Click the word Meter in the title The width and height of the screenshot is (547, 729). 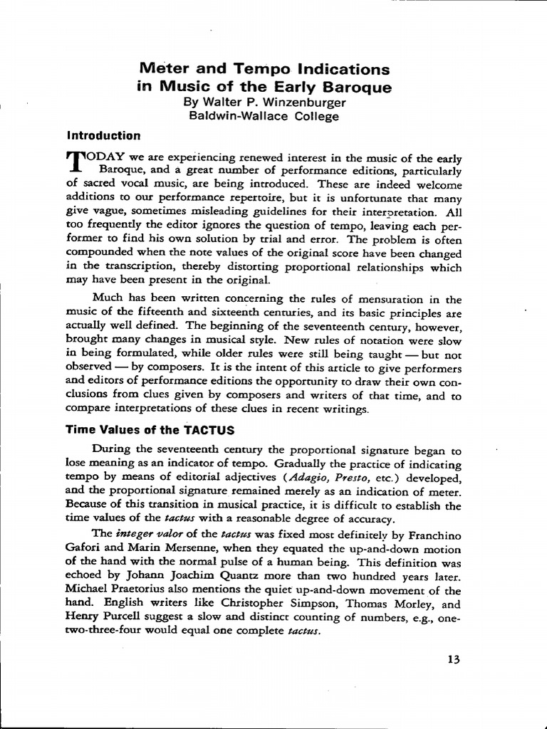pos(161,70)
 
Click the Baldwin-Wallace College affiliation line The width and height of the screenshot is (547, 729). pos(264,116)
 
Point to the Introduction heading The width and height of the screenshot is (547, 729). pos(103,135)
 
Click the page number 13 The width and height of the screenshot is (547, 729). pos(454,659)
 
